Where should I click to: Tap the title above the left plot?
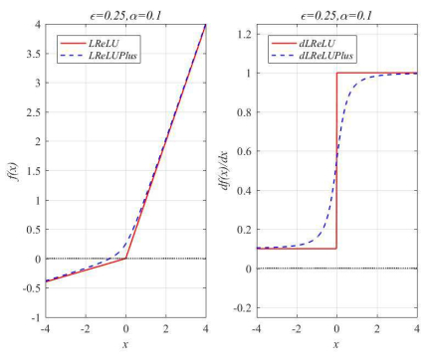[125, 11]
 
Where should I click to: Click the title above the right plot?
[336, 11]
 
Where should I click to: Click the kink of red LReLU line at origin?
[125, 259]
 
